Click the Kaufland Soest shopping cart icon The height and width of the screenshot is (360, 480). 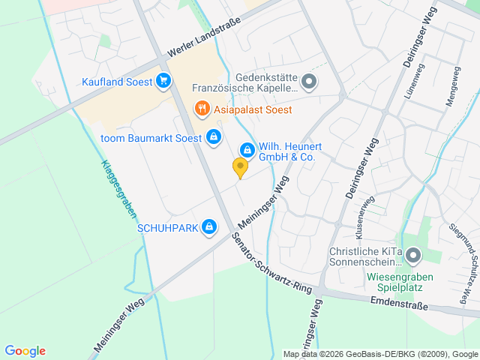(163, 80)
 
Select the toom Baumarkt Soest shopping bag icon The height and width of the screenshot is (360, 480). (214, 136)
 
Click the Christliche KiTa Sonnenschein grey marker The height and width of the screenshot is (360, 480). (413, 257)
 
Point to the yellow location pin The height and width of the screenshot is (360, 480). (240, 168)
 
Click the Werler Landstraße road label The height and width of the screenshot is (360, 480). (215, 35)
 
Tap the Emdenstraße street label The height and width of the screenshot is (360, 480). (398, 304)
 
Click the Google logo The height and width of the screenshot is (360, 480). (25, 351)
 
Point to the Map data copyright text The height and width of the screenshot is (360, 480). (380, 354)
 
